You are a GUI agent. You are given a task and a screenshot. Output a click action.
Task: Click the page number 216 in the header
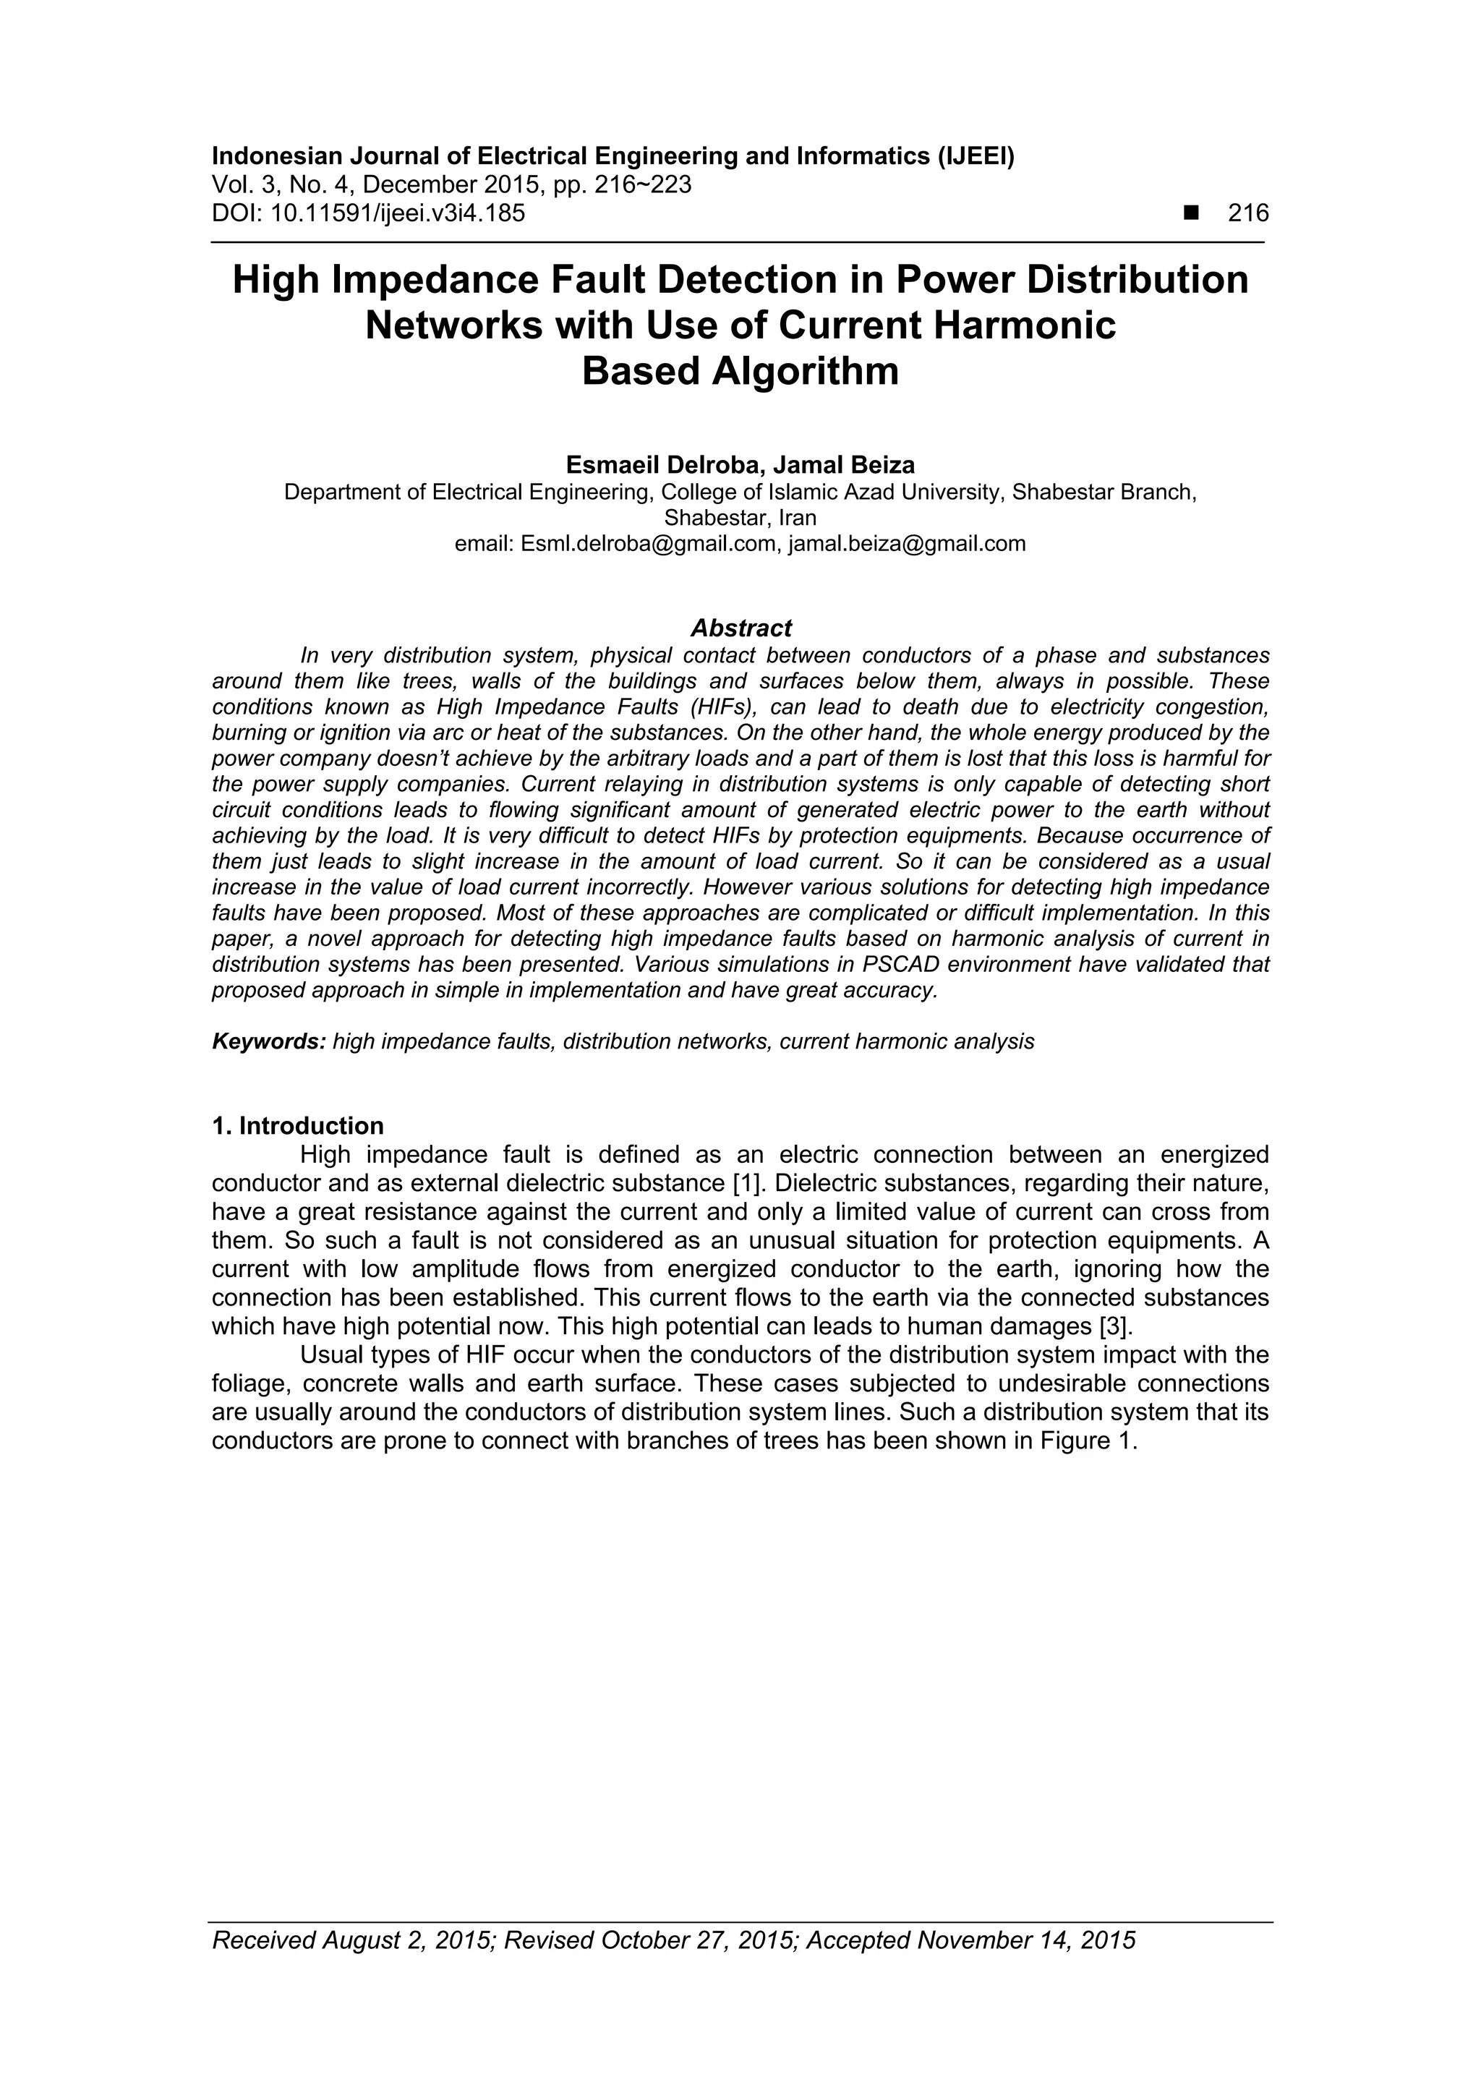pyautogui.click(x=1247, y=213)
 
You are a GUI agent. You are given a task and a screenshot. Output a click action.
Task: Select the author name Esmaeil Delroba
pyautogui.click(x=662, y=464)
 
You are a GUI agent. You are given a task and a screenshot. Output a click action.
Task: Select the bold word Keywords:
pyautogui.click(x=268, y=1041)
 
